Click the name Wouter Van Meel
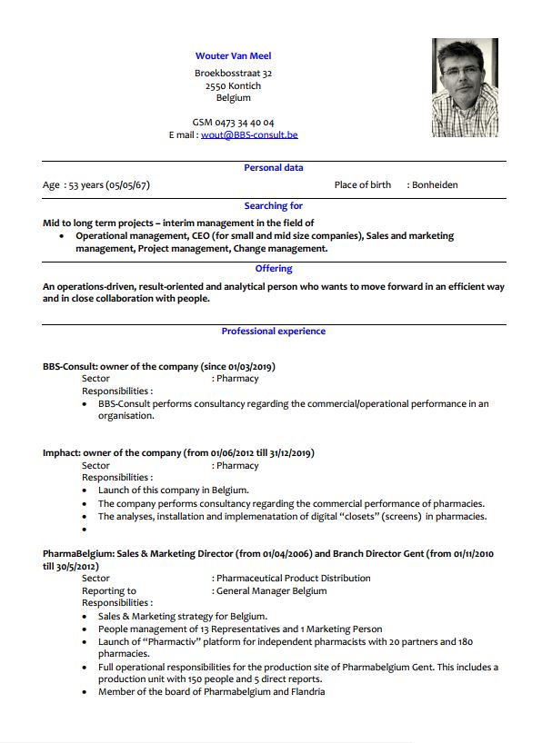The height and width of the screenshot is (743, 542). pos(233,56)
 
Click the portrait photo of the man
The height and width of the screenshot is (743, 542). pos(465,87)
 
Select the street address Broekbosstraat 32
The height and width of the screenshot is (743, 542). pos(233,73)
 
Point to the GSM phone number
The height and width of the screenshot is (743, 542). pos(233,122)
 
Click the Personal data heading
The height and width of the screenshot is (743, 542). pos(274,168)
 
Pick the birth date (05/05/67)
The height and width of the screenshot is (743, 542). pos(128,185)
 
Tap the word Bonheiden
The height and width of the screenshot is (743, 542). pos(435,185)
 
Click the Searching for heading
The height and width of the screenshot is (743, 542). pos(274,206)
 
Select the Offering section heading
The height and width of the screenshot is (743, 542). pos(274,269)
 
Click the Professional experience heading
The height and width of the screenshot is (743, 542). pos(274,332)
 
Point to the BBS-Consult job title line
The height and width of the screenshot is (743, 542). pos(158,367)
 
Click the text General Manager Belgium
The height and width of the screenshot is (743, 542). pos(271,590)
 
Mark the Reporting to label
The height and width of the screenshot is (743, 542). pos(109,590)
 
